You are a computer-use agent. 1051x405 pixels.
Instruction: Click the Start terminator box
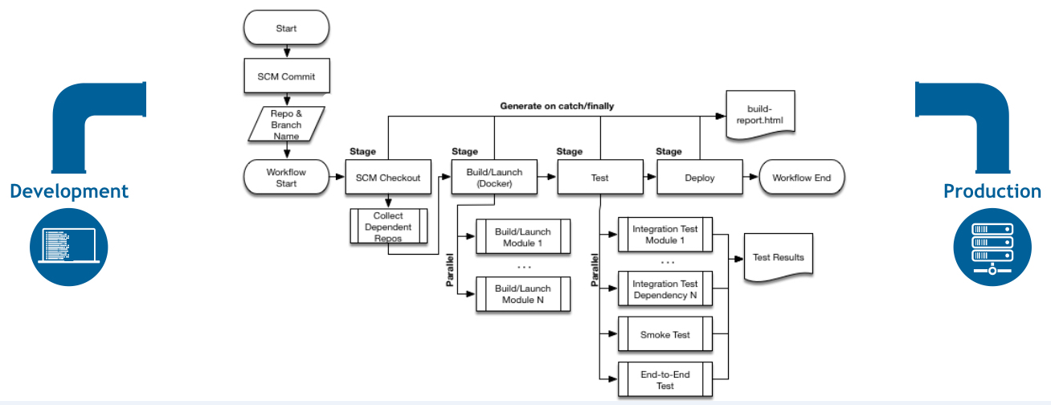point(286,27)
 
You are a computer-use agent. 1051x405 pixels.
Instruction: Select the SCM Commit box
point(287,76)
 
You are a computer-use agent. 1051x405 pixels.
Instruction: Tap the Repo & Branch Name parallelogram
point(286,124)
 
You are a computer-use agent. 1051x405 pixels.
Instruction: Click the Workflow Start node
point(286,177)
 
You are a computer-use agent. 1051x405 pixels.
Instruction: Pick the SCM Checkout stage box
point(388,177)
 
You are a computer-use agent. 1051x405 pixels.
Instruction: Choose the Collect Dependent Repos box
point(388,226)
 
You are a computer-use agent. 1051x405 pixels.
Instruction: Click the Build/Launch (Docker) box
point(494,177)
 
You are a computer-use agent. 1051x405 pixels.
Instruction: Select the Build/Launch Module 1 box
point(523,236)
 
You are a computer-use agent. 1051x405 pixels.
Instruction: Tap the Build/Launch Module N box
point(523,294)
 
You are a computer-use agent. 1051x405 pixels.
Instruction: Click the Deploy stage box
point(700,177)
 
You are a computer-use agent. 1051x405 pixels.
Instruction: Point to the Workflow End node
point(802,177)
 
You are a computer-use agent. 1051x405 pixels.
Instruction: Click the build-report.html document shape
point(760,115)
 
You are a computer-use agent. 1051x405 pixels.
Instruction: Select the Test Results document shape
point(779,258)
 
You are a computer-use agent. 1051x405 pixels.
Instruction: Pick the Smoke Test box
point(665,334)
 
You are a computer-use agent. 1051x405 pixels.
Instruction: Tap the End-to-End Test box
point(665,379)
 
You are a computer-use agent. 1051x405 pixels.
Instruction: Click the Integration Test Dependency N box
point(665,288)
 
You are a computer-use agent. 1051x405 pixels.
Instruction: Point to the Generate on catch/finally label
point(557,106)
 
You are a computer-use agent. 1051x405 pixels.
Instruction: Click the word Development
point(69,191)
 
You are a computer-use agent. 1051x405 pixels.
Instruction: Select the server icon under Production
point(992,247)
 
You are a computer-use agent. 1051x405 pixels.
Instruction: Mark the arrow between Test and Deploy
point(650,177)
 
